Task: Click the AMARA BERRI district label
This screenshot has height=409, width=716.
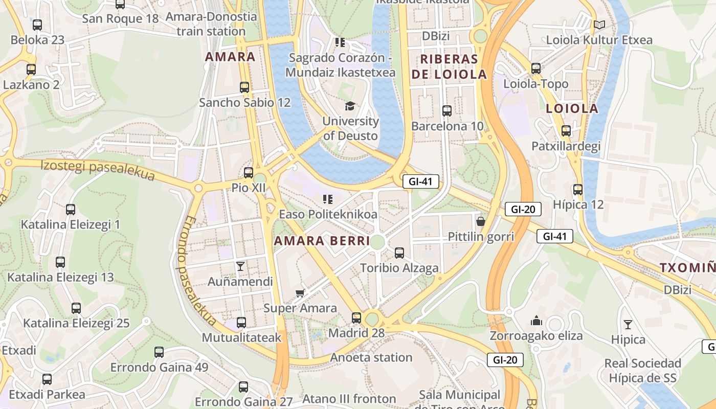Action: [322, 241]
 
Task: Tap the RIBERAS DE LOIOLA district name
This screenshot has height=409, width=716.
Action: [449, 66]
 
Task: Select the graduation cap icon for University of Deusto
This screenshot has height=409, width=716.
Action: [350, 106]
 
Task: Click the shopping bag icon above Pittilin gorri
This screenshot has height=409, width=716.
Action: [480, 221]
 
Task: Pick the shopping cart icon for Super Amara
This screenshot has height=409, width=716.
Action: [300, 293]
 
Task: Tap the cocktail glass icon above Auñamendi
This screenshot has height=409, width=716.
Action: [240, 266]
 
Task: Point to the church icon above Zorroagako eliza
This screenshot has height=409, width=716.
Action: [536, 321]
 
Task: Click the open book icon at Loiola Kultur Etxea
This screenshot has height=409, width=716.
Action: [599, 25]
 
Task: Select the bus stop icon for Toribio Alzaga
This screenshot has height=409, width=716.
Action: [399, 253]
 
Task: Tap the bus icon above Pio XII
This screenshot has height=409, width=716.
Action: [249, 173]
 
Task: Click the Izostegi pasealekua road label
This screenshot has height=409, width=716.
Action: [97, 170]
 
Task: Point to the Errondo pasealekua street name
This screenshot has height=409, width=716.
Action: [197, 271]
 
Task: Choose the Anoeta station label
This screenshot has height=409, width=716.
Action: [371, 357]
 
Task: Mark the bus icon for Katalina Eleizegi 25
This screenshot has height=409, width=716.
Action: [76, 308]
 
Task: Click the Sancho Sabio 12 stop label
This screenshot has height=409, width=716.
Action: [244, 102]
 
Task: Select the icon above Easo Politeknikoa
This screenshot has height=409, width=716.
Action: [327, 199]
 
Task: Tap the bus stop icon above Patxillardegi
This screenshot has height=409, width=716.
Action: [566, 131]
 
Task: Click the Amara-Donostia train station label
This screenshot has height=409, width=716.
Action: [211, 24]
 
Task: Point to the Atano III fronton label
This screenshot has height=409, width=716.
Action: [349, 399]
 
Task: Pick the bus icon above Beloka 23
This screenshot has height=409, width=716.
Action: [37, 25]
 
